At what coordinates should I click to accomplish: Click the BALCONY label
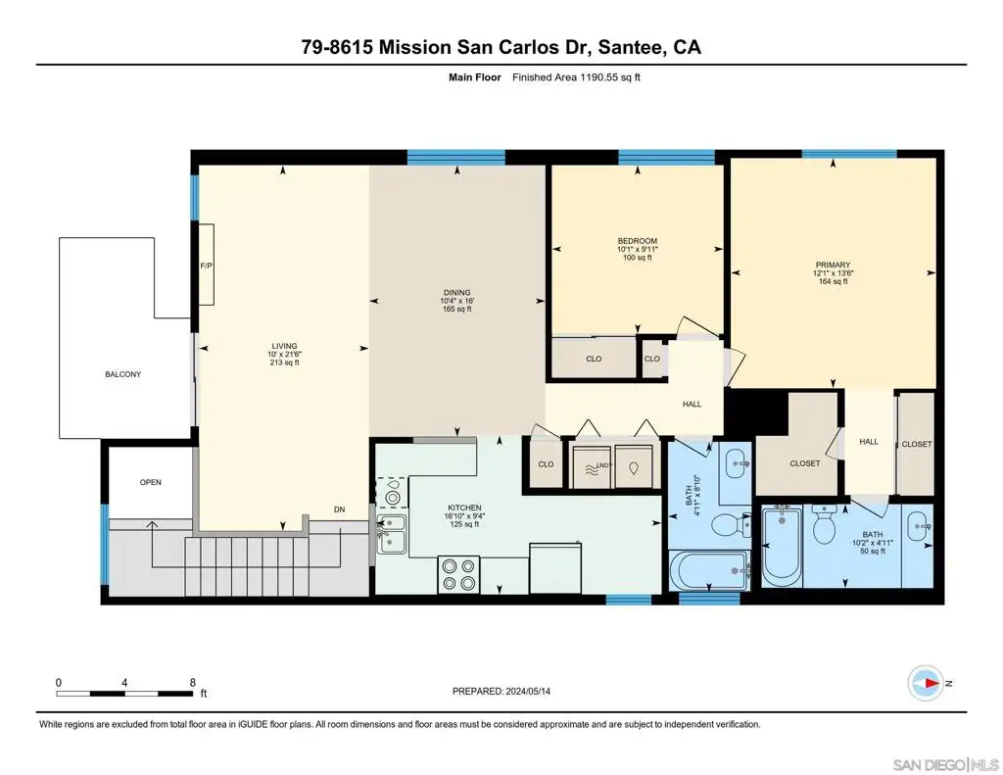[122, 374]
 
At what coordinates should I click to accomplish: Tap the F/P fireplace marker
[206, 265]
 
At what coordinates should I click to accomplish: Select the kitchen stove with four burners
[458, 574]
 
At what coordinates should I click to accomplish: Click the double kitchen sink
[392, 534]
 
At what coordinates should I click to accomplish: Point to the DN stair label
[339, 509]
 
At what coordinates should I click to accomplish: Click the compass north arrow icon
[926, 684]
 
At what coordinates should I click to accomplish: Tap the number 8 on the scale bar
[193, 682]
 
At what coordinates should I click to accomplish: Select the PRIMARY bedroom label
[833, 265]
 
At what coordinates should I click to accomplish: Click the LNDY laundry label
[604, 465]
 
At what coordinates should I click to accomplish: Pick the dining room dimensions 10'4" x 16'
[456, 301]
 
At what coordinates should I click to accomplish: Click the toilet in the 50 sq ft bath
[824, 523]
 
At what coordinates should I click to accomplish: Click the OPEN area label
[150, 482]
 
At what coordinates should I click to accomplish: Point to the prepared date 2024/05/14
[528, 691]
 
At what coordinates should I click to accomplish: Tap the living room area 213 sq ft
[285, 363]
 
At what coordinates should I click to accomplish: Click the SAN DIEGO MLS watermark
[945, 764]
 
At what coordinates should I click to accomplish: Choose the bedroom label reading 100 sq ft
[637, 258]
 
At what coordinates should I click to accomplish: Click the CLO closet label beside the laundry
[546, 464]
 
